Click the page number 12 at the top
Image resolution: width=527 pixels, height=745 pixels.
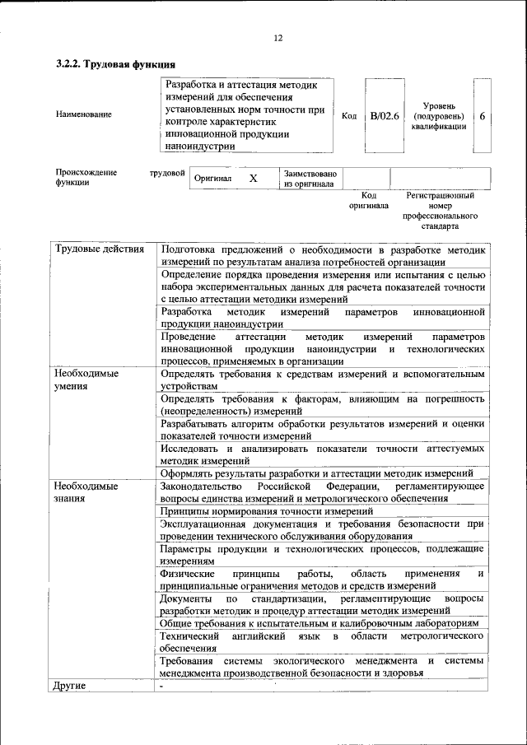coord(278,38)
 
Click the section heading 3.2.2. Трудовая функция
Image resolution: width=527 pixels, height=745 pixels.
coord(116,64)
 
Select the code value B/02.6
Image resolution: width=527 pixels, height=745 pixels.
coord(385,116)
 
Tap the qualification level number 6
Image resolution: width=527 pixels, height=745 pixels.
coord(483,116)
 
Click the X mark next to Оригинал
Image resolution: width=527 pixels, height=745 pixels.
coord(254,178)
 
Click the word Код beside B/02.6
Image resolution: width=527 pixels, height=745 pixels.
coord(348,116)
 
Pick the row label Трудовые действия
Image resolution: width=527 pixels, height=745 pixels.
coord(100,249)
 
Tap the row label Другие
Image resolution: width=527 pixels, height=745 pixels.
coord(70,685)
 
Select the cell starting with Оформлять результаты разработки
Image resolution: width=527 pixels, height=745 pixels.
coord(316,473)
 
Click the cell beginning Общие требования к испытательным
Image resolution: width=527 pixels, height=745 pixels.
coord(319,623)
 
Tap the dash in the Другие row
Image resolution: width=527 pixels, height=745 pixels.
coord(162,686)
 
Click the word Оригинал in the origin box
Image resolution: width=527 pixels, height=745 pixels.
coord(213,179)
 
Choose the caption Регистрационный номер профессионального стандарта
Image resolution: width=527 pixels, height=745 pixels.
coord(441,211)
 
